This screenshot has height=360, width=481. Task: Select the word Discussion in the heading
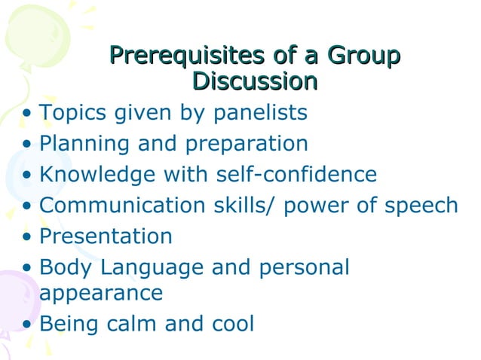coord(254,80)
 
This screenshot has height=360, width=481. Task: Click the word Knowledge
coord(97,175)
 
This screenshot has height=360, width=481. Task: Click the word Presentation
coord(106,236)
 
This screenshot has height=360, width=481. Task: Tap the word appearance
coord(100,292)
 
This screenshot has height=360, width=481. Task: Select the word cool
coord(231,324)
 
